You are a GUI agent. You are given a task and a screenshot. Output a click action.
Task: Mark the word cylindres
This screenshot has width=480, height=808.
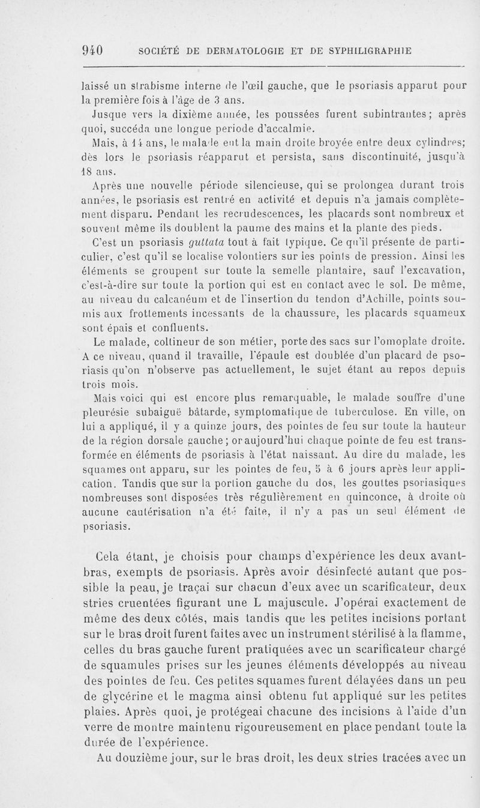435,143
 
